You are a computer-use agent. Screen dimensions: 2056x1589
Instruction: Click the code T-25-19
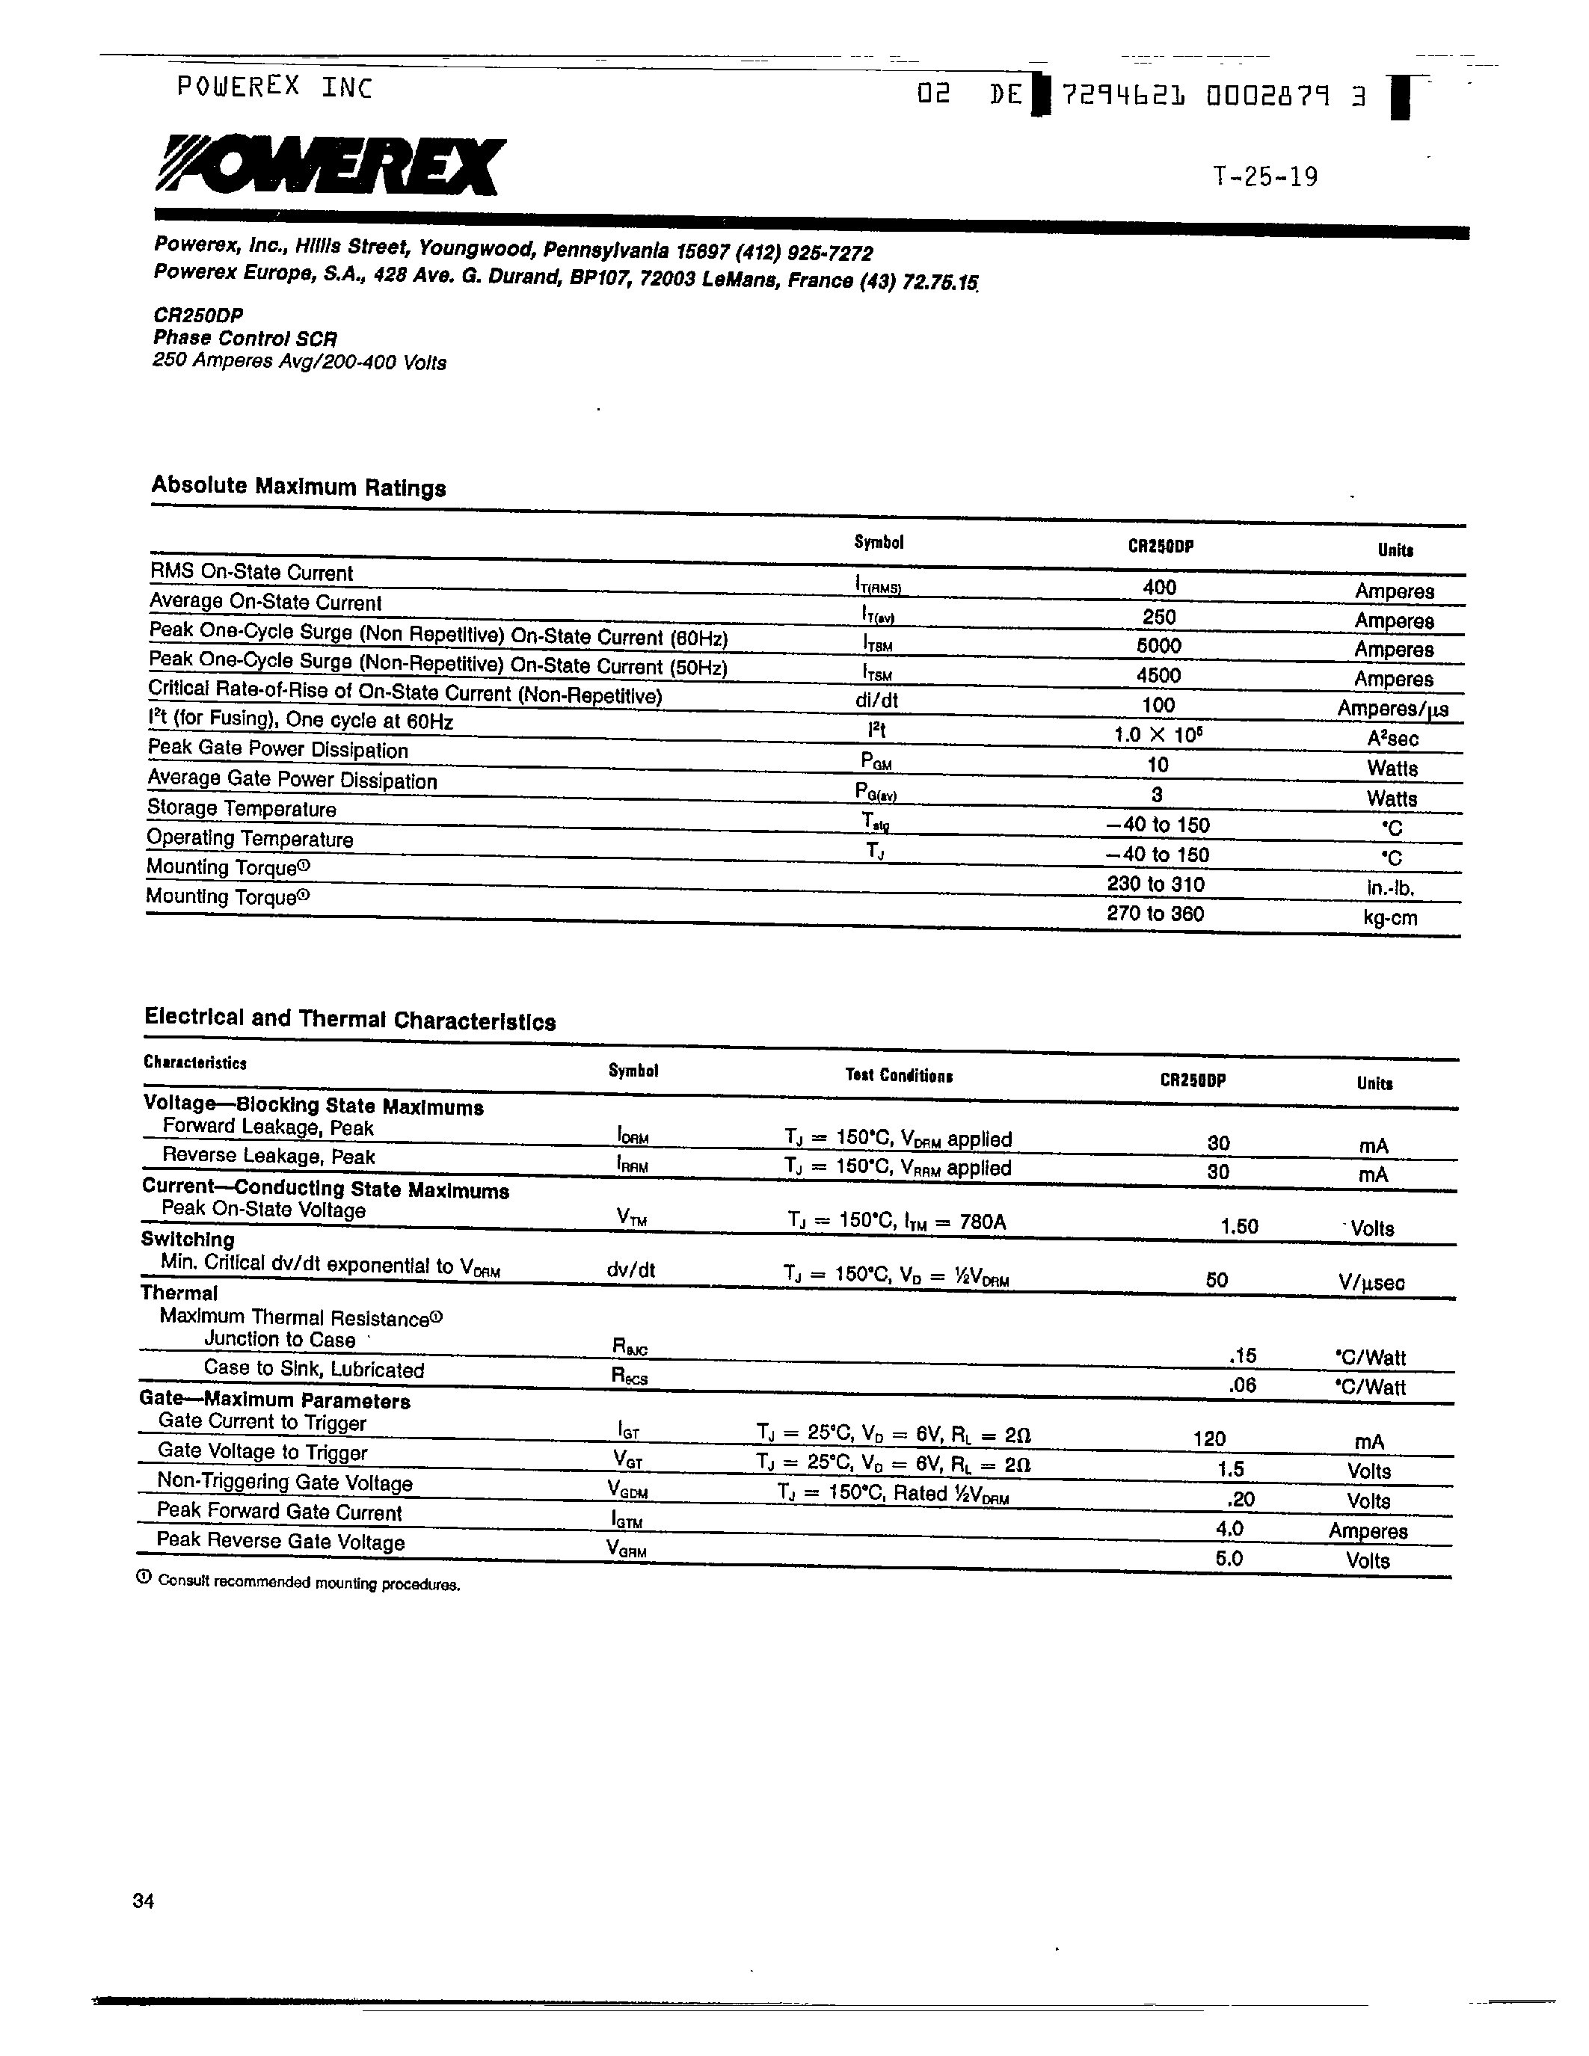point(1264,177)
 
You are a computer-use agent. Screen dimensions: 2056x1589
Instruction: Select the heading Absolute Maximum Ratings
point(298,487)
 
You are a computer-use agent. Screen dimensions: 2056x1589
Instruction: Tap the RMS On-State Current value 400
point(1159,588)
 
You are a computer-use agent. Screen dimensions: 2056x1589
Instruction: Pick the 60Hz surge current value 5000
point(1158,646)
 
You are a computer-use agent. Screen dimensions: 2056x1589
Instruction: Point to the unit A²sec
point(1392,739)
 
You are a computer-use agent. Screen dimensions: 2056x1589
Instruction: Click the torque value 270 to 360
point(1155,913)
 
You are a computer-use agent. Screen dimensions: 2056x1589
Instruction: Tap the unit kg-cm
point(1389,918)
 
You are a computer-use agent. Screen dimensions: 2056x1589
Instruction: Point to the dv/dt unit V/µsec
point(1371,1282)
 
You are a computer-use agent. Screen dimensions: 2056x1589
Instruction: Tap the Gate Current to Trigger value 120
point(1208,1438)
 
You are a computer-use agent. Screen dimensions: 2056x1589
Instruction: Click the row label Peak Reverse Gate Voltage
point(280,1541)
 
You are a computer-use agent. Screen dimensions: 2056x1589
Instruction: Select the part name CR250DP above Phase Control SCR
point(197,316)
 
